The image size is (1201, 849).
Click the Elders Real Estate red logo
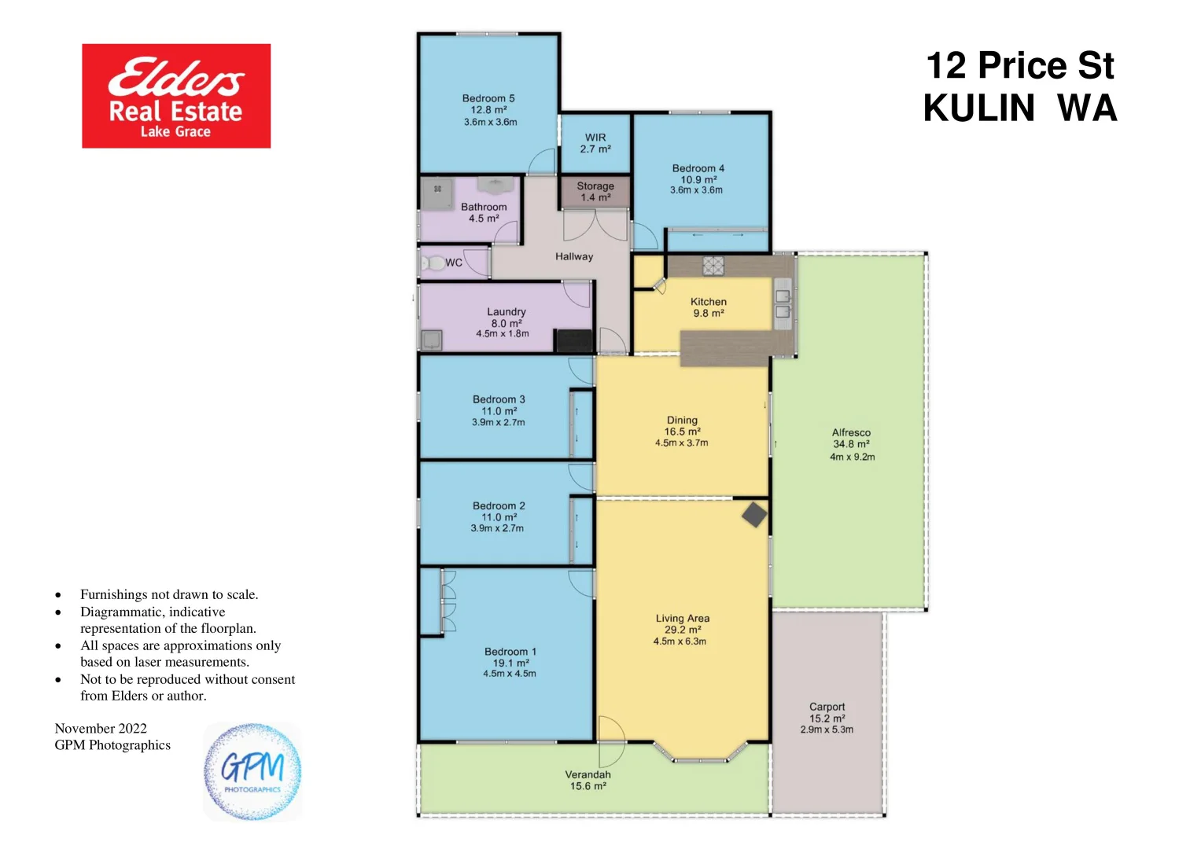coord(176,96)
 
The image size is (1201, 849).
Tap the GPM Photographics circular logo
coord(252,772)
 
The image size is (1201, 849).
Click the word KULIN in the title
coord(978,108)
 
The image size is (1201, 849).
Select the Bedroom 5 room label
coord(488,98)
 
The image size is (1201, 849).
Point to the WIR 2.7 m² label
coord(595,143)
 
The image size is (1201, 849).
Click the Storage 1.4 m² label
coord(595,192)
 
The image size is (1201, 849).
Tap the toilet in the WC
coord(433,263)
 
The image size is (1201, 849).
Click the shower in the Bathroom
coord(437,193)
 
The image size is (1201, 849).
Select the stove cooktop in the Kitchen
coord(713,266)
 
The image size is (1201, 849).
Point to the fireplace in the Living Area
coord(754,515)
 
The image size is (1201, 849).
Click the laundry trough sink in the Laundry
coord(432,340)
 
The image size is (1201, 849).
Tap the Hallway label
coord(574,256)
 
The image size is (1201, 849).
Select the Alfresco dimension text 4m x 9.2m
coord(852,457)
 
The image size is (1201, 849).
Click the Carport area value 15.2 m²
coord(827,719)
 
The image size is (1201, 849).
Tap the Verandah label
coord(588,774)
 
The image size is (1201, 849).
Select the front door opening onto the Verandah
coord(610,742)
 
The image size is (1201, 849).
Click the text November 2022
coord(101,728)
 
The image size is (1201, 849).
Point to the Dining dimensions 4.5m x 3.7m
coord(681,443)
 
